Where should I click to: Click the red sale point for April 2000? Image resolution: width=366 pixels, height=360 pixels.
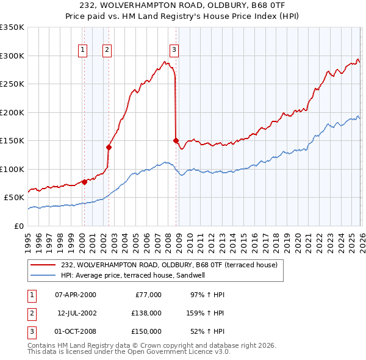click(84, 182)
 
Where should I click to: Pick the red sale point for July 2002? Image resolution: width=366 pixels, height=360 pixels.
click(109, 147)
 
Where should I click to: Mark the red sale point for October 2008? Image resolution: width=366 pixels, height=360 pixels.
click(176, 140)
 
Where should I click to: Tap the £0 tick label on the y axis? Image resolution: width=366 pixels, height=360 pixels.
click(18, 226)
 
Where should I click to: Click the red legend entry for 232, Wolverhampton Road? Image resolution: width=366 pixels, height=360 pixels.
click(168, 265)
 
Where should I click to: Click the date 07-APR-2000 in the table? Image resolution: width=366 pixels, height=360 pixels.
click(76, 295)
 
